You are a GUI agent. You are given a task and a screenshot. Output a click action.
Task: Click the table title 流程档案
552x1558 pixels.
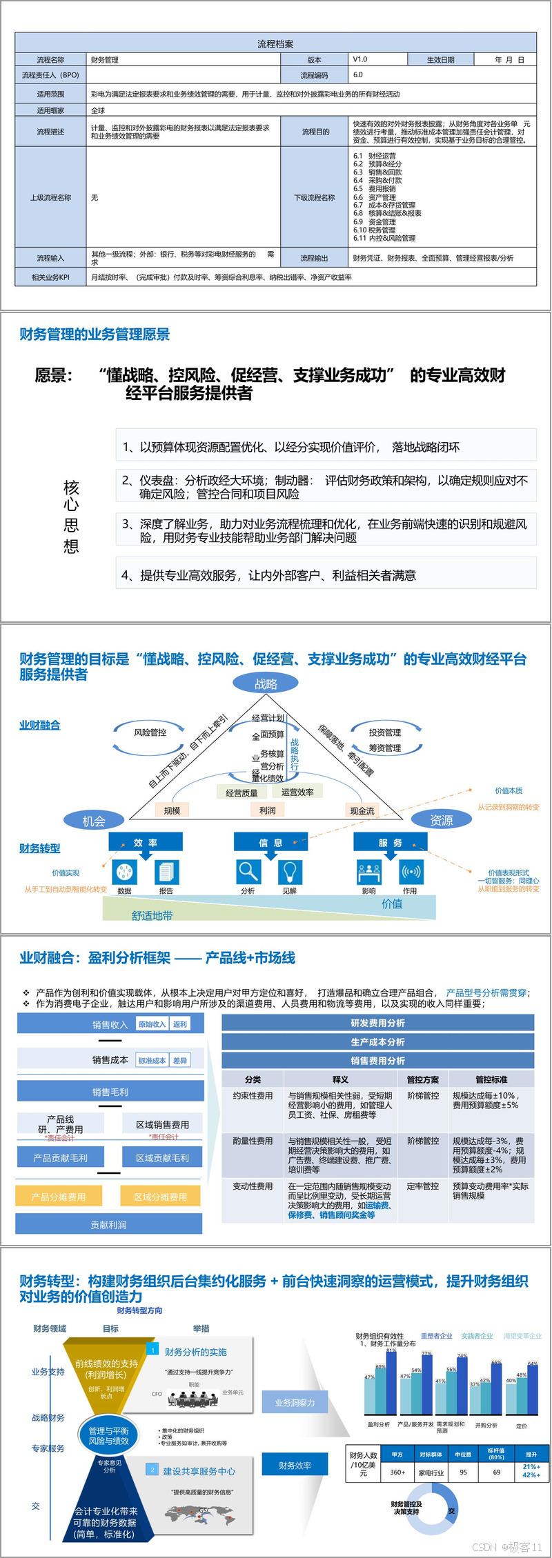pyautogui.click(x=275, y=43)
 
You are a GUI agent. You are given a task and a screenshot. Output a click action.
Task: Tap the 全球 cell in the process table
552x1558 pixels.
pyautogui.click(x=98, y=110)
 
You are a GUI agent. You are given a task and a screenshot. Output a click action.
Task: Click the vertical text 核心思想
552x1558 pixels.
pyautogui.click(x=71, y=517)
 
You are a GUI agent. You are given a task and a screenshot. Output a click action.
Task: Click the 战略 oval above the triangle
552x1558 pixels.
pyautogui.click(x=266, y=683)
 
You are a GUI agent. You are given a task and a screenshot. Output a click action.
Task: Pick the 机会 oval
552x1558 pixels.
pyautogui.click(x=94, y=821)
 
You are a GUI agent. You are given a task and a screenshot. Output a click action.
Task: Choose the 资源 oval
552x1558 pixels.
pyautogui.click(x=442, y=820)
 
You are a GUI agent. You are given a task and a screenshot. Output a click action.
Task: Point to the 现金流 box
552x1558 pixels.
pyautogui.click(x=362, y=810)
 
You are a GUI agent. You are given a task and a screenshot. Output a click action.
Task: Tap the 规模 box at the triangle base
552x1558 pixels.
pyautogui.click(x=172, y=810)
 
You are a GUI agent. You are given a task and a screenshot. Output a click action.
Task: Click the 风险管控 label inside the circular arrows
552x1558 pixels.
pyautogui.click(x=150, y=732)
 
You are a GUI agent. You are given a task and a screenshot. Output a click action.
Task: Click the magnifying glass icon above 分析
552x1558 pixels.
pyautogui.click(x=248, y=871)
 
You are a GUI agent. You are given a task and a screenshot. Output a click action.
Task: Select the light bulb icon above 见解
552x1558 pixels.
pyautogui.click(x=290, y=871)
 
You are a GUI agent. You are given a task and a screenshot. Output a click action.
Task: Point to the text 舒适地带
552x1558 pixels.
pyautogui.click(x=152, y=916)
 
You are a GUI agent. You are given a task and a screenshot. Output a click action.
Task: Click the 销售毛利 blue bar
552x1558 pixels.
pyautogui.click(x=110, y=1092)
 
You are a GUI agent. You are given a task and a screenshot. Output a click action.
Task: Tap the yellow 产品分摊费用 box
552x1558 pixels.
pyautogui.click(x=59, y=1197)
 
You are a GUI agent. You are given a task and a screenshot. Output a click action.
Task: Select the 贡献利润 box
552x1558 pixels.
pyautogui.click(x=109, y=1225)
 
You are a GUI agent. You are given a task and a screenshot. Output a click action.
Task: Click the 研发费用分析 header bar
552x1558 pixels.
pyautogui.click(x=377, y=1023)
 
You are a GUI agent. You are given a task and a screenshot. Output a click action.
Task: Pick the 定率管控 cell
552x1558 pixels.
pyautogui.click(x=422, y=1186)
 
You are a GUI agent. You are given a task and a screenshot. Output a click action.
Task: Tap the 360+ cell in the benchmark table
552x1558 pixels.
pyautogui.click(x=397, y=1472)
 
